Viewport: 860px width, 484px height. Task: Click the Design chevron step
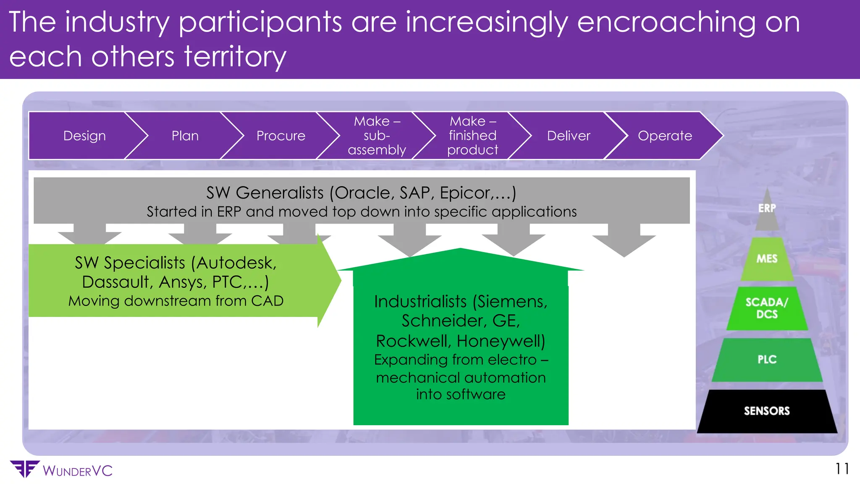(84, 136)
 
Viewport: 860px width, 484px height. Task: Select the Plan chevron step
(185, 136)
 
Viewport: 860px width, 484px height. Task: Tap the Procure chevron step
(281, 136)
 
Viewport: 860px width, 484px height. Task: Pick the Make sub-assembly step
(377, 136)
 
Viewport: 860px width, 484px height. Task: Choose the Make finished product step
(472, 136)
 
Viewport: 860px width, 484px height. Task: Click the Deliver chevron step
(569, 136)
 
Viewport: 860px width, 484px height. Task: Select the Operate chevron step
(665, 136)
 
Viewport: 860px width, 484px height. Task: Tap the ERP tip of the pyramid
(767, 209)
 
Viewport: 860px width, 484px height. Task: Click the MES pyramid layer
(767, 259)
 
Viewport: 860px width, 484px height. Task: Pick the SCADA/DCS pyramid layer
(767, 308)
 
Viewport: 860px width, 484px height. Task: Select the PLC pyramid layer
(767, 360)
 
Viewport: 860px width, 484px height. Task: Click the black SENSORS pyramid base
(767, 411)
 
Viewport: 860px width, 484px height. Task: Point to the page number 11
(842, 469)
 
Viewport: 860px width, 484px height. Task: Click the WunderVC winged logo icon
(25, 469)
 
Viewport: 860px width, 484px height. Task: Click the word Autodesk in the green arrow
(236, 263)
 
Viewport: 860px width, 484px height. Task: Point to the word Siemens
(512, 302)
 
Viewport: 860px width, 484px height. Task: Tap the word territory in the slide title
(235, 57)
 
